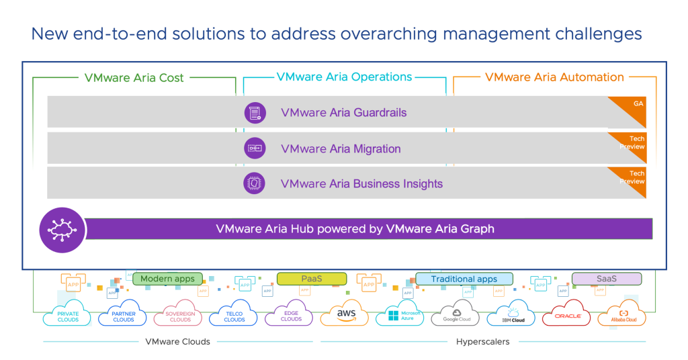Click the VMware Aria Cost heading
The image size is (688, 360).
point(134,77)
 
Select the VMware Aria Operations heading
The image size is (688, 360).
point(344,77)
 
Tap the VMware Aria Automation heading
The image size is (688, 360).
point(554,77)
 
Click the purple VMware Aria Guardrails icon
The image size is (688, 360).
point(255,113)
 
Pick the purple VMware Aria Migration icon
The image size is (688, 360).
point(255,148)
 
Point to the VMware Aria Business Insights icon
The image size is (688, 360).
point(255,183)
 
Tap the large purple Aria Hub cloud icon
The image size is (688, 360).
point(62,230)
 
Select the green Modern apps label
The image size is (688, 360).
point(167,279)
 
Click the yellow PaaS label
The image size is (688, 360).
point(311,279)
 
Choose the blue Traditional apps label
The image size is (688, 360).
point(464,279)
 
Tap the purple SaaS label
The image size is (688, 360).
point(606,279)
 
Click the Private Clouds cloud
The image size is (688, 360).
point(68,316)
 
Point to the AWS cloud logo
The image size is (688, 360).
point(346,315)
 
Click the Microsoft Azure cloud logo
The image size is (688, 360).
point(402,316)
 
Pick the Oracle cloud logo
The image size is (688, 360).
point(567,316)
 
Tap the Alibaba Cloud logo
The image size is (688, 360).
point(622,316)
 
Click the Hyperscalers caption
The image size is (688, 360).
point(482,341)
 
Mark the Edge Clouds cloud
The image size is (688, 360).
point(291,316)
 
